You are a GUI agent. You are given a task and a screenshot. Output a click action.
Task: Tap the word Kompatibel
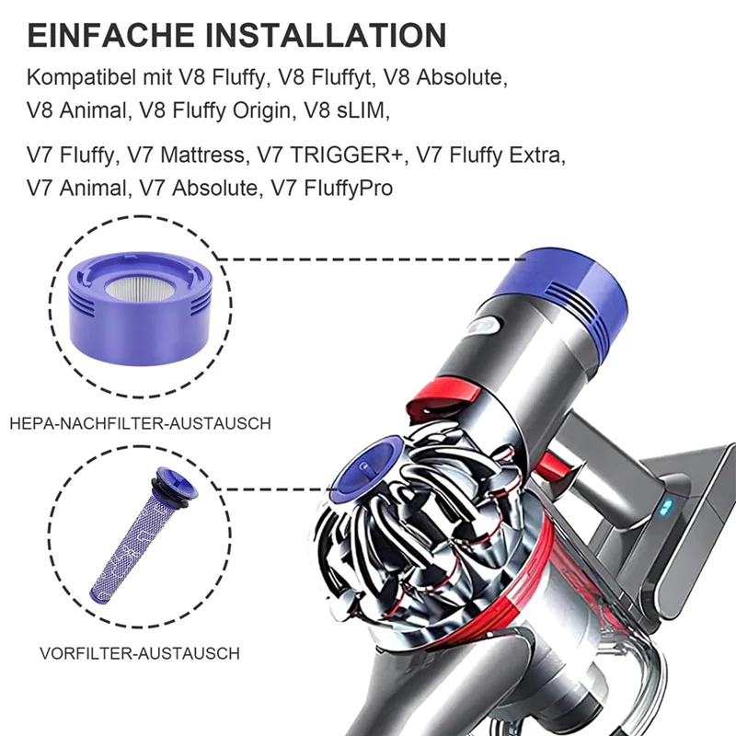[84, 77]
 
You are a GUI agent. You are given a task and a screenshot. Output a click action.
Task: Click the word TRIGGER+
[351, 155]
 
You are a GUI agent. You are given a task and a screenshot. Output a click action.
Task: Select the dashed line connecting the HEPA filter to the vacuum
[368, 259]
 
